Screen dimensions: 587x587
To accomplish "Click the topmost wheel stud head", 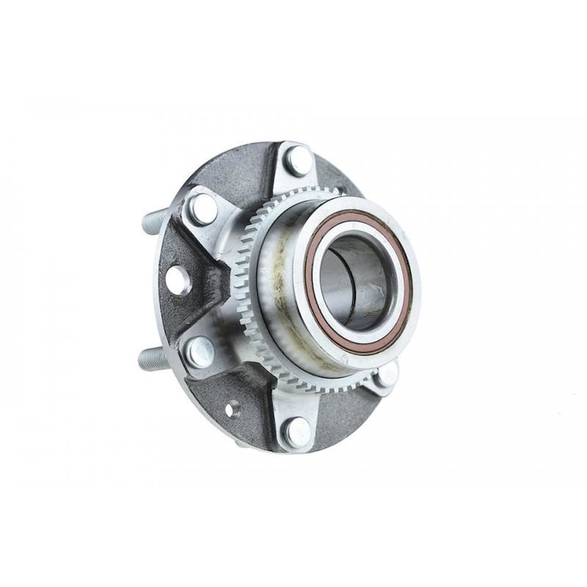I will click(x=298, y=160).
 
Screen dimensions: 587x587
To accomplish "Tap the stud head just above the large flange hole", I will click(x=203, y=209).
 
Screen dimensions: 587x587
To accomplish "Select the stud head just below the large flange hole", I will click(x=200, y=352).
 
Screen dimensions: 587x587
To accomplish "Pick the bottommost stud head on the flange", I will click(x=298, y=431).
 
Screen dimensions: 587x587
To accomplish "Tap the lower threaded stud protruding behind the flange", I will click(x=153, y=360).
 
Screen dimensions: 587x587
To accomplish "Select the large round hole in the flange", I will click(x=178, y=280).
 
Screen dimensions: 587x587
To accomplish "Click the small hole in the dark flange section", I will click(x=232, y=408).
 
